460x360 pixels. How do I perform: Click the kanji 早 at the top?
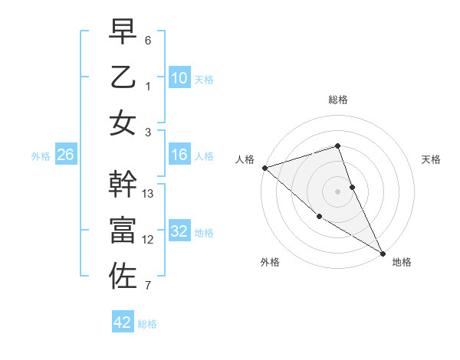coord(123,33)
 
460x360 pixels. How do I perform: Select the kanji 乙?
coord(123,77)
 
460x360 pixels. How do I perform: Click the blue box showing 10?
coord(179,78)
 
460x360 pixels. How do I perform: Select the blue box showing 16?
coord(179,155)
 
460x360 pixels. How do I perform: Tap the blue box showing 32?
coord(179,231)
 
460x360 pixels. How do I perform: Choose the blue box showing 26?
coord(65,155)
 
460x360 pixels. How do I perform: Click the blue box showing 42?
coord(123,322)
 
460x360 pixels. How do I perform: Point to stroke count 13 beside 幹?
coord(149,194)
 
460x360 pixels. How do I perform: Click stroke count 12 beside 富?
coord(149,240)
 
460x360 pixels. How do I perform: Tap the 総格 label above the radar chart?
coord(338,100)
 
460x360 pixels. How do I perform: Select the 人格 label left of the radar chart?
coord(245,159)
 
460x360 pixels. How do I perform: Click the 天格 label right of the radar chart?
coord(431,159)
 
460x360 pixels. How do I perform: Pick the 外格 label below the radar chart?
coord(270,262)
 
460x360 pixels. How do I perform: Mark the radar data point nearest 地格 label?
coord(382,252)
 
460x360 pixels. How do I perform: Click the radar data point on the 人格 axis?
coord(264,168)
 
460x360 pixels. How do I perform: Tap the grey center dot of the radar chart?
coord(338,191)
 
